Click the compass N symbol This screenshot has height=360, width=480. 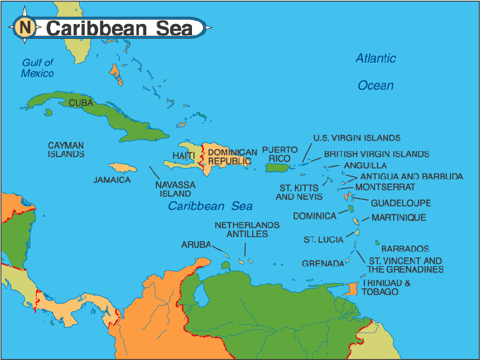click(x=25, y=28)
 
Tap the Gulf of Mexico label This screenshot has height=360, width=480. click(x=37, y=68)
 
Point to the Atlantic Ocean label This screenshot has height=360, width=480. click(x=376, y=71)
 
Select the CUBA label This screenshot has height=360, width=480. click(x=80, y=103)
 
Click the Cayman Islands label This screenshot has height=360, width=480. click(x=66, y=150)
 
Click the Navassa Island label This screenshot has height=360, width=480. click(x=173, y=188)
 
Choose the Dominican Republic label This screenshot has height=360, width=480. click(x=232, y=157)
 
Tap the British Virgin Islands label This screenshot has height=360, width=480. click(x=376, y=154)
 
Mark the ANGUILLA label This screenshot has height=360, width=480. click(x=360, y=165)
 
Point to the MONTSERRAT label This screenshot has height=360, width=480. click(x=385, y=187)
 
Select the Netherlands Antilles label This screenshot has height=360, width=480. click(x=246, y=229)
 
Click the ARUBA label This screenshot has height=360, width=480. click(x=196, y=244)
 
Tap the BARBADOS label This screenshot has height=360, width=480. click(x=405, y=248)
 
